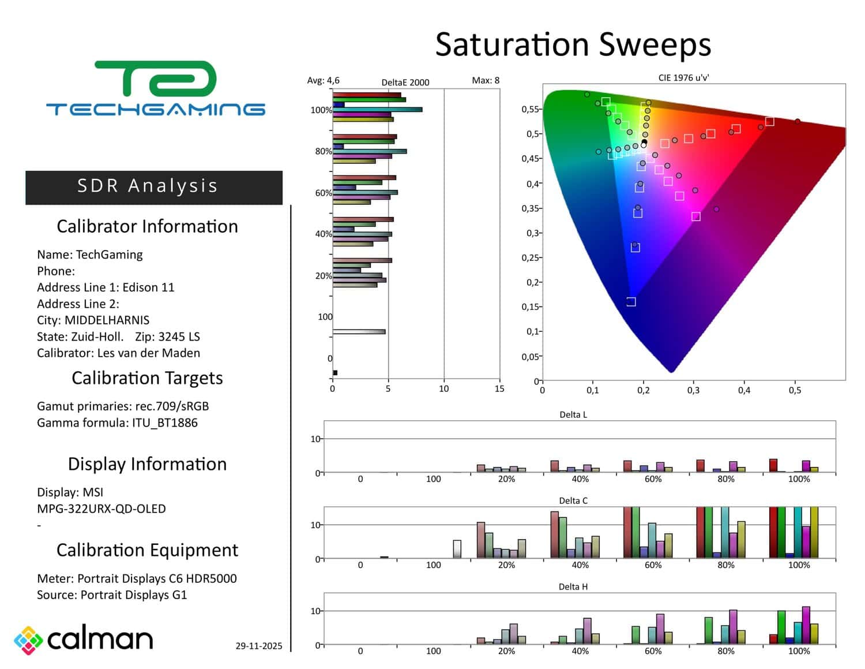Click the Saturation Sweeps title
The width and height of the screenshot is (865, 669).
point(573,44)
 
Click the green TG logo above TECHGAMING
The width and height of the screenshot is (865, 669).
point(156,79)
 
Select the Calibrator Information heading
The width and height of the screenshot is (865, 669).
point(147,226)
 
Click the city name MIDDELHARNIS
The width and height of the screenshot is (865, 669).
point(107,320)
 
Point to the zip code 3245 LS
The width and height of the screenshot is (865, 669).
point(179,337)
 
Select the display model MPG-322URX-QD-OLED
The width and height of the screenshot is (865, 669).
point(101,509)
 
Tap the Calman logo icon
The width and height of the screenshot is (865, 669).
point(28,640)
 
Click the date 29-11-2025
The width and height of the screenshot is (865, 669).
point(259,646)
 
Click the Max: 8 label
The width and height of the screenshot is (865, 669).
point(486,81)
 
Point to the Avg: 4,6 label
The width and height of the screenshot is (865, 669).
point(323,81)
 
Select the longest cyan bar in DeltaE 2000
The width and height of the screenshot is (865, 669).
point(378,110)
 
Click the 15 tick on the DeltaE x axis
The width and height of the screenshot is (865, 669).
point(499,389)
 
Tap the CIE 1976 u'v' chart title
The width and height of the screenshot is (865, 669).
point(683,78)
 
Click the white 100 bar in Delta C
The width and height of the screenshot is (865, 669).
point(457,549)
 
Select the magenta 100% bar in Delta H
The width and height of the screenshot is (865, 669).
point(806,625)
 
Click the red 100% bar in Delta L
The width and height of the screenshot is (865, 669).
point(773,465)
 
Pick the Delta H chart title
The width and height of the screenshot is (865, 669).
point(573,587)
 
